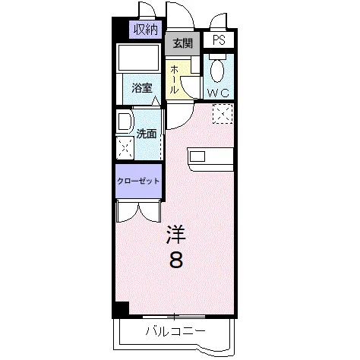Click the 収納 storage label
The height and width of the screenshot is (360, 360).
tap(146, 30)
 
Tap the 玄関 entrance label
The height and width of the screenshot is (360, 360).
tap(183, 43)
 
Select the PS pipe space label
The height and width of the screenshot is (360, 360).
tap(219, 39)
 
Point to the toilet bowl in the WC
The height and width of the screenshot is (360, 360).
tap(217, 68)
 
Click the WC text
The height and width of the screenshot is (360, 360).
tap(219, 93)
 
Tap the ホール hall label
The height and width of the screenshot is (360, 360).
tap(173, 79)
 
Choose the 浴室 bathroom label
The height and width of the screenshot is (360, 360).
tap(142, 88)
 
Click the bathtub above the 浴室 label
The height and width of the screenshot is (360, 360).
tap(138, 57)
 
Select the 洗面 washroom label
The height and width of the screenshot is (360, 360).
tap(147, 134)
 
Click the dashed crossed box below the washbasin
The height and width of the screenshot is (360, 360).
tap(125, 148)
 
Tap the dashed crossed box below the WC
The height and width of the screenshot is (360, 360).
tap(223, 114)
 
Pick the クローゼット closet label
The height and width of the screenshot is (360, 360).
tap(138, 181)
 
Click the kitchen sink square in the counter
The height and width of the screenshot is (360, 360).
tap(197, 156)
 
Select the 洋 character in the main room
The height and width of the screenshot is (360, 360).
tap(176, 235)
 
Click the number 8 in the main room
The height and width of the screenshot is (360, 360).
tap(176, 261)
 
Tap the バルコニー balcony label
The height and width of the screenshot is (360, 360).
tap(175, 331)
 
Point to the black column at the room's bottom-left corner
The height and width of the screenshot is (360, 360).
tap(121, 309)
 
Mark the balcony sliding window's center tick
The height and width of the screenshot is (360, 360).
tap(175, 316)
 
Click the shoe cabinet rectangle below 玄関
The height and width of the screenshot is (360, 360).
tap(195, 65)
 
